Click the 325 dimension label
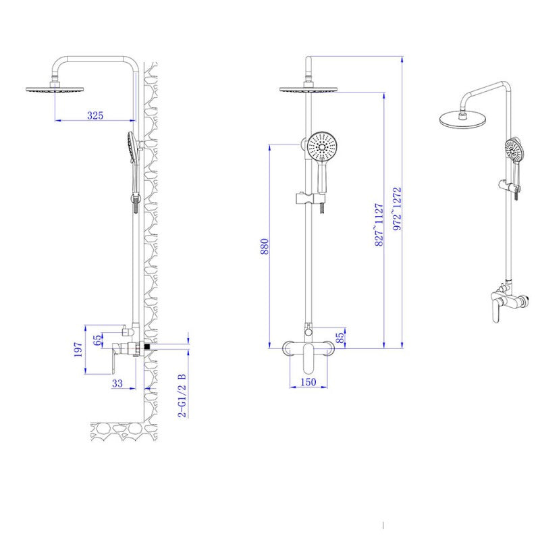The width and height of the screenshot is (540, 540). tap(95, 115)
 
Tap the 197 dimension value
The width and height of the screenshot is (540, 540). tap(78, 349)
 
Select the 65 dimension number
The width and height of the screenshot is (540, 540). tap(97, 340)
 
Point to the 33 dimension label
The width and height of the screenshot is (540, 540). tap(117, 383)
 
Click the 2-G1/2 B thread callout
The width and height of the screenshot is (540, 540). tap(182, 395)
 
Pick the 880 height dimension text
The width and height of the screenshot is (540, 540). tap(265, 246)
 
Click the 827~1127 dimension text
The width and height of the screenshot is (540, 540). tap(379, 225)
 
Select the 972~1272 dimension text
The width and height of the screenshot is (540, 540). tap(397, 209)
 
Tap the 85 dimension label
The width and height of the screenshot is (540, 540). tap(340, 337)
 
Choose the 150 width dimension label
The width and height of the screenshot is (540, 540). tap(308, 382)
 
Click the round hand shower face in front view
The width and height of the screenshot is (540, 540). tap(323, 146)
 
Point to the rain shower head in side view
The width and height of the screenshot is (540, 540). tap(55, 89)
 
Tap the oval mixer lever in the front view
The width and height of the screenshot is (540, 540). tap(308, 358)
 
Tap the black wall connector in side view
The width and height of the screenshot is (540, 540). tap(147, 347)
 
